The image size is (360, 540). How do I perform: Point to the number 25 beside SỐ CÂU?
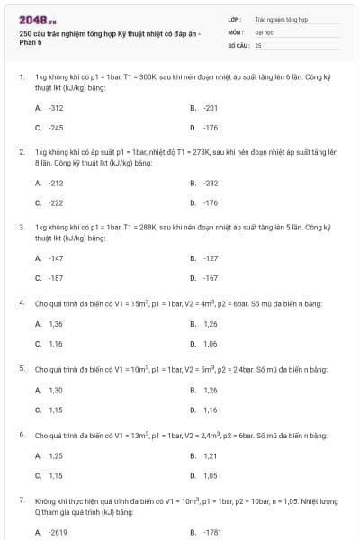pyautogui.click(x=258, y=43)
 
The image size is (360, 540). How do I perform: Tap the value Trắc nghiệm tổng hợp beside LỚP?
pyautogui.click(x=282, y=18)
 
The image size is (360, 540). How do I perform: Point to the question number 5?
pyautogui.click(x=22, y=369)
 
